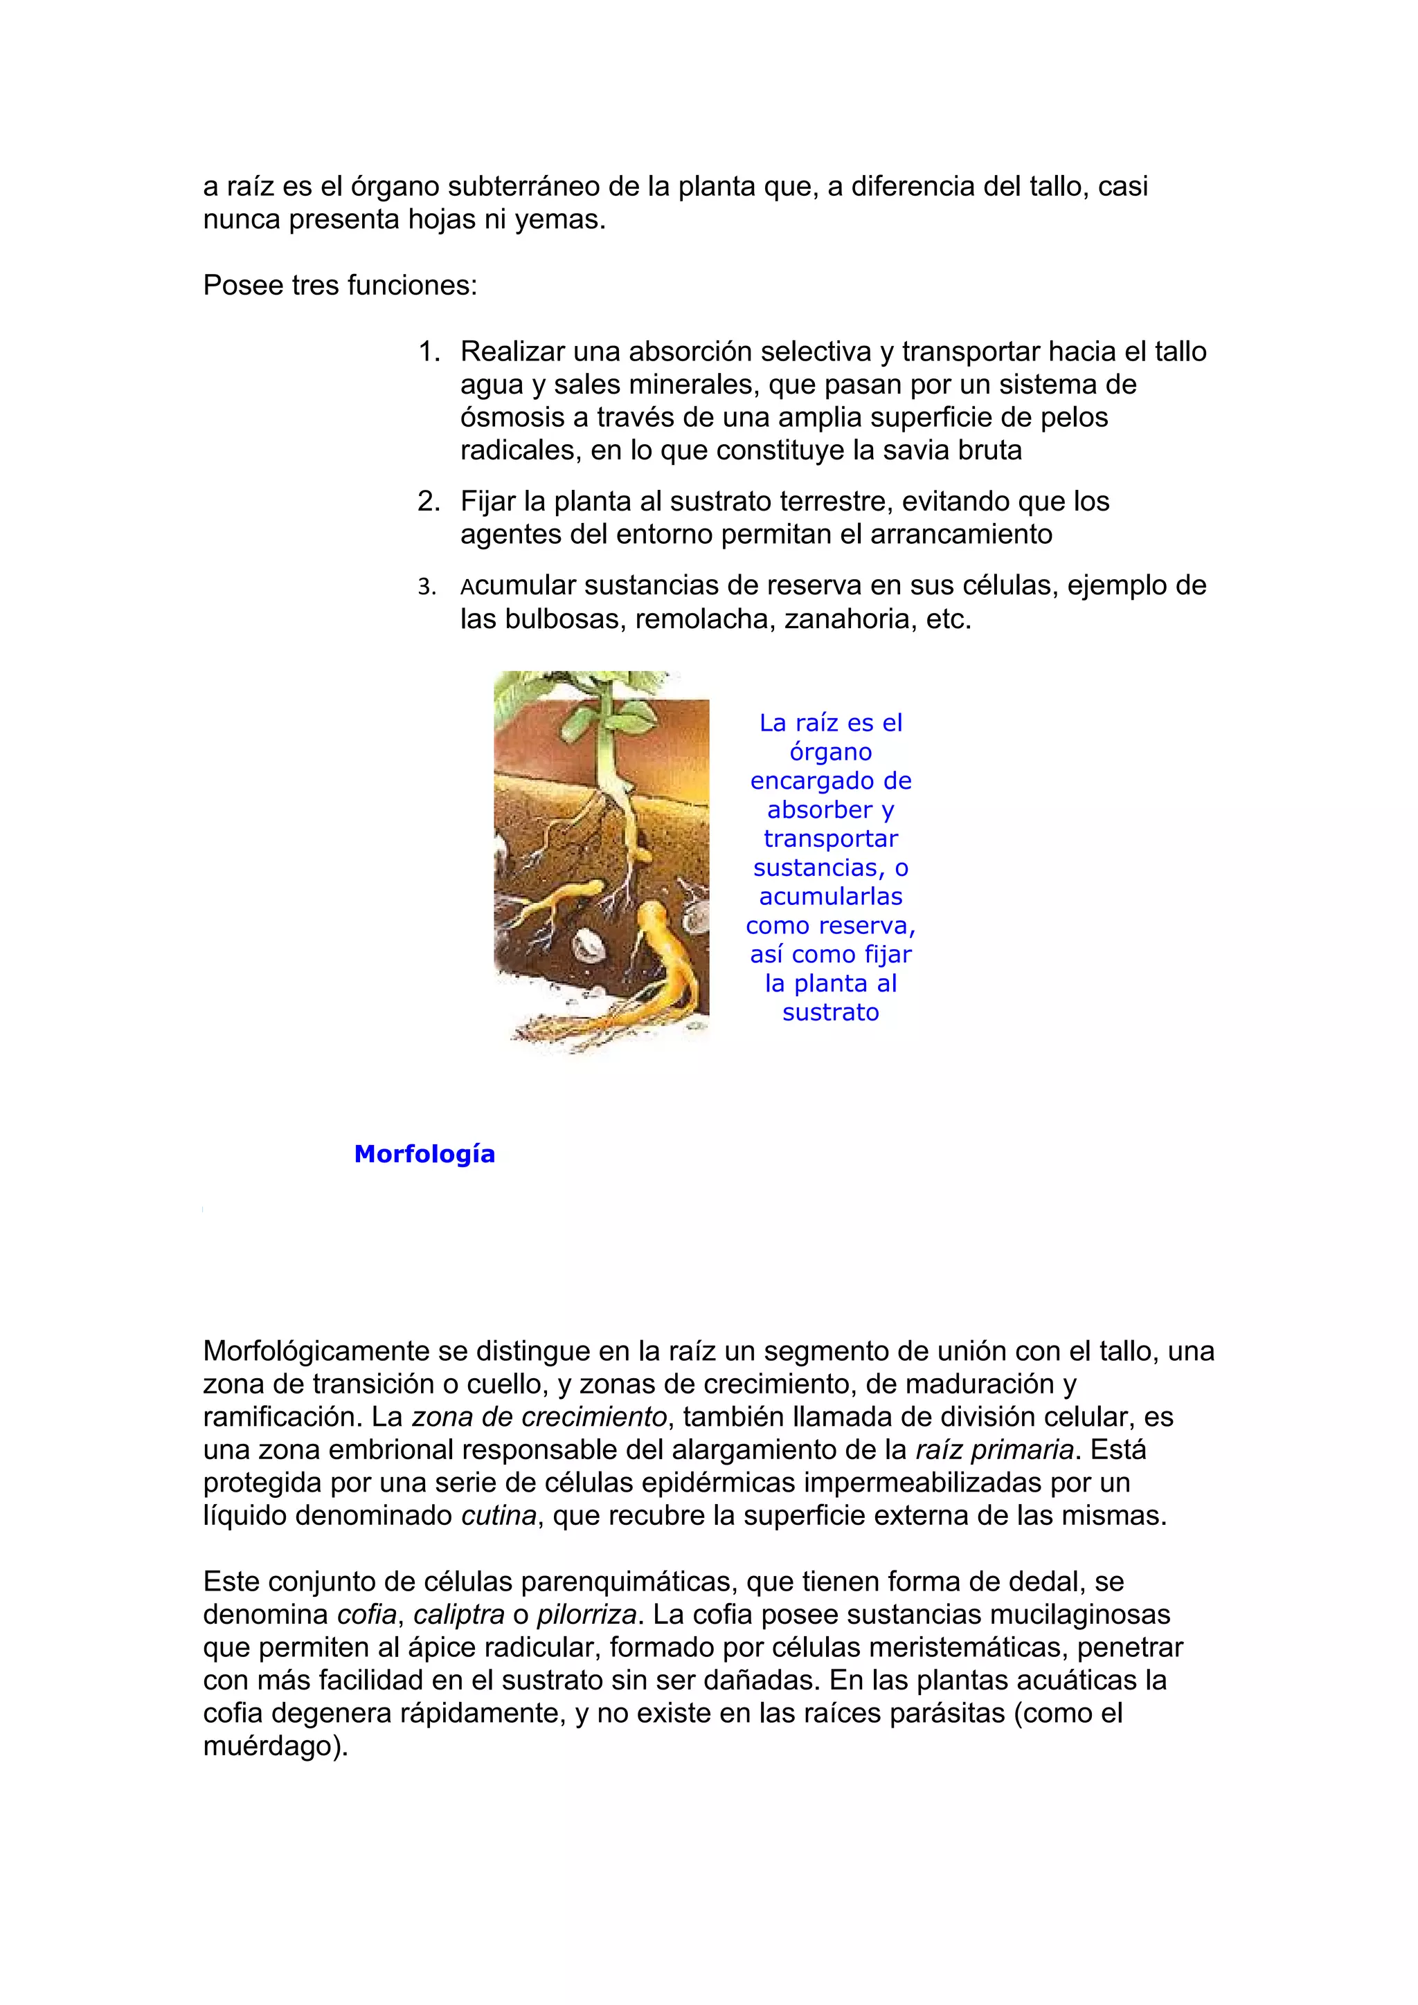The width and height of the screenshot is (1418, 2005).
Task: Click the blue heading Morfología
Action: (424, 1155)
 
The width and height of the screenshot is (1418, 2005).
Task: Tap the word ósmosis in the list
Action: (512, 417)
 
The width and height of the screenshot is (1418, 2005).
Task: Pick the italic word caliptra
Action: (458, 1614)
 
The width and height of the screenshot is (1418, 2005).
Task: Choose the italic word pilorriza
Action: (586, 1614)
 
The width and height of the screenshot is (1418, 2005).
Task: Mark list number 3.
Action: (427, 587)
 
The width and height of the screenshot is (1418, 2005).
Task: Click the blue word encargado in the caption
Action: (830, 780)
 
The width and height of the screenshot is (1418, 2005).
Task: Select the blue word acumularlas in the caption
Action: (830, 897)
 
